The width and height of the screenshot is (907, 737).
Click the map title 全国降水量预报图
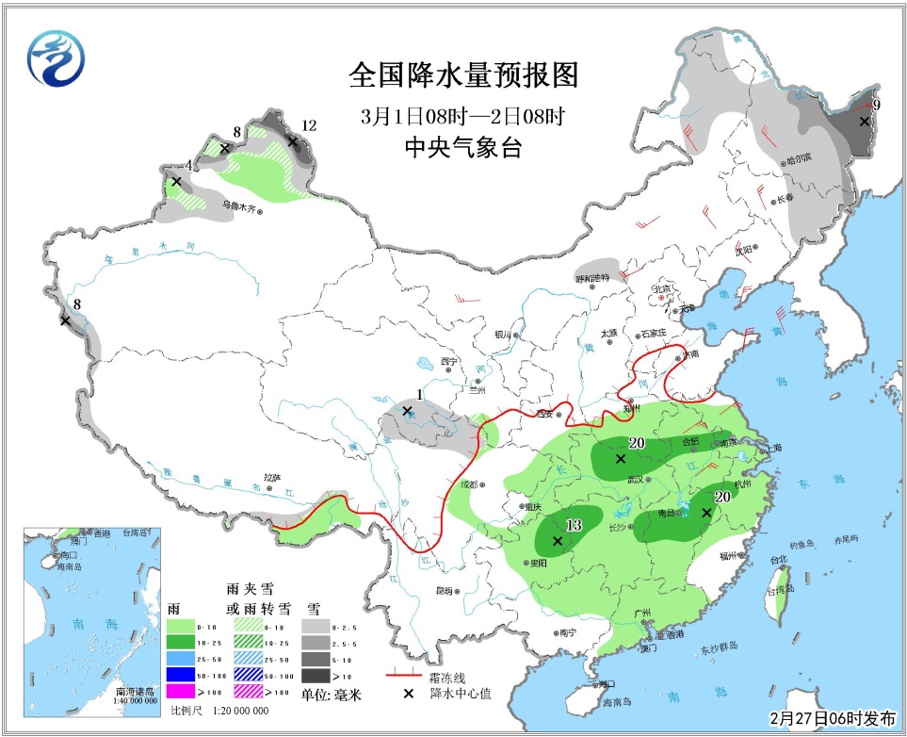tap(462, 74)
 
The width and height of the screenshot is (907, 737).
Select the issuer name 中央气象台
tap(462, 148)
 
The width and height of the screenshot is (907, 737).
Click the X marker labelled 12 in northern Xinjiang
tap(292, 142)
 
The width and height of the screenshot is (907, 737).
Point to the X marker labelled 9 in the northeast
tap(865, 121)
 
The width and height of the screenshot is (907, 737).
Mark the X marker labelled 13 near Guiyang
tap(558, 541)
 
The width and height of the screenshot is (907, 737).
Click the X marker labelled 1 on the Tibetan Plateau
tap(407, 411)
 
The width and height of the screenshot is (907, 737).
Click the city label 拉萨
tap(272, 478)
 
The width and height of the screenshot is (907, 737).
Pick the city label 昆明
tap(444, 591)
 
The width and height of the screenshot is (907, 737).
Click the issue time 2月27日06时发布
tap(833, 718)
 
